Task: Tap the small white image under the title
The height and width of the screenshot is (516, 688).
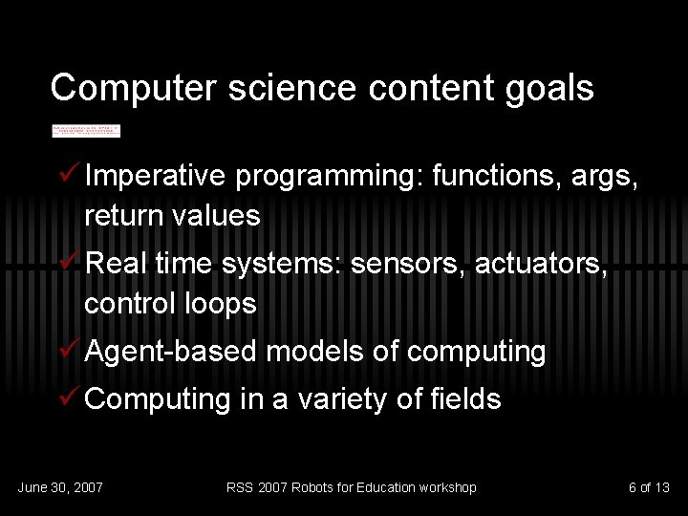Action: pyautogui.click(x=86, y=130)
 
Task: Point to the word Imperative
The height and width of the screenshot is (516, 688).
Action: pyautogui.click(x=155, y=177)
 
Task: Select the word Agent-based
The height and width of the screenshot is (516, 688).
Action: pyautogui.click(x=171, y=353)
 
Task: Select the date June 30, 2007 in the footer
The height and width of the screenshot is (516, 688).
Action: pyautogui.click(x=60, y=488)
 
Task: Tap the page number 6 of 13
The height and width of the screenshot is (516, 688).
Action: pyautogui.click(x=649, y=488)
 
